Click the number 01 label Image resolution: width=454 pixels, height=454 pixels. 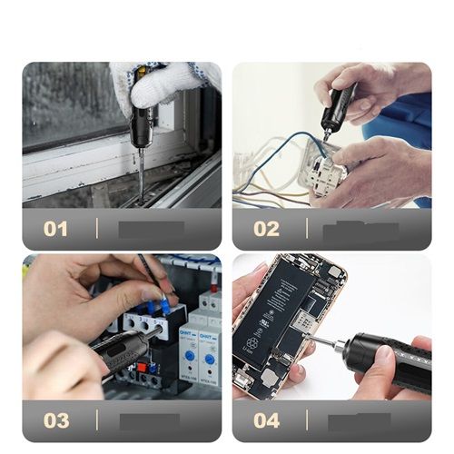[55, 229]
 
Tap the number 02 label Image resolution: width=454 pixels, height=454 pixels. [266, 229]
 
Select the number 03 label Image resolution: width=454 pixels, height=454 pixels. [55, 420]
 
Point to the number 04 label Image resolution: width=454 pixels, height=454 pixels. [266, 420]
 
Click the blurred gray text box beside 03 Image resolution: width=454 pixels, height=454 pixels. [150, 420]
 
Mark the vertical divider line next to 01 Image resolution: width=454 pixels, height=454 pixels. [97, 229]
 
